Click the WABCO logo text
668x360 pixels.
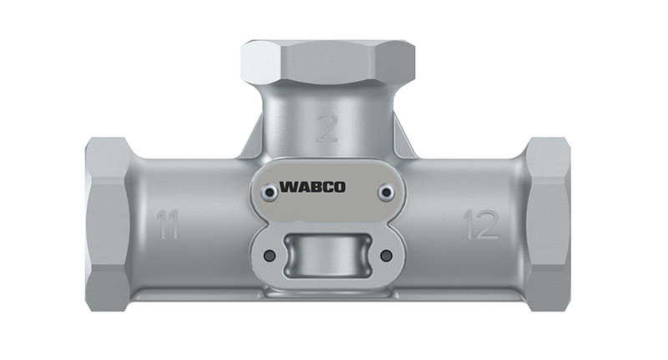(x=312, y=187)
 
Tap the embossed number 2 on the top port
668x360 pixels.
(x=327, y=128)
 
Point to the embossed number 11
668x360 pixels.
(x=167, y=224)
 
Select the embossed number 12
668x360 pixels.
(x=481, y=224)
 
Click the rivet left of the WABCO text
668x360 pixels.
(x=270, y=193)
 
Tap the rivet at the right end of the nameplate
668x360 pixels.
(x=386, y=193)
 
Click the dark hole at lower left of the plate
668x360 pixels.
(x=270, y=256)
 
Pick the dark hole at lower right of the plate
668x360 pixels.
(x=386, y=256)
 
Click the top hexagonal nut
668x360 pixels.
(x=327, y=62)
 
